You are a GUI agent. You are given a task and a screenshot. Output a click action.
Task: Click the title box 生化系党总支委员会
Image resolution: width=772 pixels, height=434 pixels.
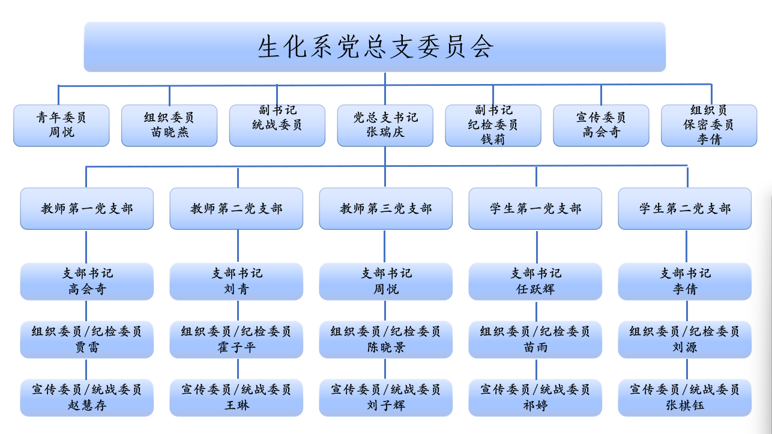[375, 47]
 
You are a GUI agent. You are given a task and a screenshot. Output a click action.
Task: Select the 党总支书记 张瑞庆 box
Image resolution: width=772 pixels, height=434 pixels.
[385, 125]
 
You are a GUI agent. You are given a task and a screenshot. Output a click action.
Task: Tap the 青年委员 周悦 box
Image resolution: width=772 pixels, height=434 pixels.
[61, 125]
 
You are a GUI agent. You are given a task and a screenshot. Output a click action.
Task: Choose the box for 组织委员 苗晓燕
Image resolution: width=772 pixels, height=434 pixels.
[169, 125]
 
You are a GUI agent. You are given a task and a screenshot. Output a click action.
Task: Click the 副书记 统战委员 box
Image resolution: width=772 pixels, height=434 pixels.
[277, 125]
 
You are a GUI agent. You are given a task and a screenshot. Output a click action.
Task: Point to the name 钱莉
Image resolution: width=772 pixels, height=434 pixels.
[493, 139]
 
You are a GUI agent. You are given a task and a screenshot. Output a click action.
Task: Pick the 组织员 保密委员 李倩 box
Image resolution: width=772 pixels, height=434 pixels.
[709, 125]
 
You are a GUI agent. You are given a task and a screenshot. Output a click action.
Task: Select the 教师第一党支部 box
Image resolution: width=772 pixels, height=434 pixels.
[87, 208]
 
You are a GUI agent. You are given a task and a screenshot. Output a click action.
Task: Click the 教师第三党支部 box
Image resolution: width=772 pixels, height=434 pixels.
[385, 208]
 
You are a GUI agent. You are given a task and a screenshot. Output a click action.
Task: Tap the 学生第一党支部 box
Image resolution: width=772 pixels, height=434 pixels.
[535, 208]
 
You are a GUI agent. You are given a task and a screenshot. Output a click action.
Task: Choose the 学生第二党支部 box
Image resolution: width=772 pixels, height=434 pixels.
[685, 208]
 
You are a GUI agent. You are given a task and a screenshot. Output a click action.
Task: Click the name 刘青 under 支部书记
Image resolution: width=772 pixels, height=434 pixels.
[237, 289]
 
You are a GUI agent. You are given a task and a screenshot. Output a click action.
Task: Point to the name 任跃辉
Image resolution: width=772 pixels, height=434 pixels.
[535, 289]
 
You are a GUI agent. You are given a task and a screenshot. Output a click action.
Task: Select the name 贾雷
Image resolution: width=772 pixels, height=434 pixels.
[87, 347]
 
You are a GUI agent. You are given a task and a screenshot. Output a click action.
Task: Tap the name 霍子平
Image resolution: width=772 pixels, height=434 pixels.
[237, 347]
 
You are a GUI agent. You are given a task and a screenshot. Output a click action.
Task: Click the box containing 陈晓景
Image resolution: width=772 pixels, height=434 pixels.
[385, 340]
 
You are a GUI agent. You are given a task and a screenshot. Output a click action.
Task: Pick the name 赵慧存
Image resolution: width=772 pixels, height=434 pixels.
[87, 405]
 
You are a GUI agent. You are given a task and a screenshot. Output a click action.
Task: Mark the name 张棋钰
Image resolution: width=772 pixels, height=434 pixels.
[685, 405]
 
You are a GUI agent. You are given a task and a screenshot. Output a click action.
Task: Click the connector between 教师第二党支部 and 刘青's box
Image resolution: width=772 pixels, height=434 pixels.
[238, 246]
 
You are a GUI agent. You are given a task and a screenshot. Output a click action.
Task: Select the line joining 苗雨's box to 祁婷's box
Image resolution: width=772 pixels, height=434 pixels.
[536, 369]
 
